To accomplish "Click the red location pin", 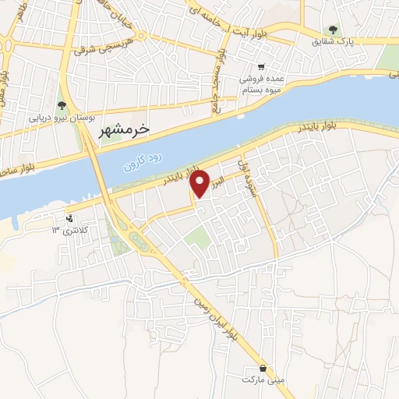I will (x=200, y=184).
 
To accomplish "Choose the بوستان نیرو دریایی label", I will (x=62, y=119).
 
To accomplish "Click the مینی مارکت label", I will (x=264, y=380).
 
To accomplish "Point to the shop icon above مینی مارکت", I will (x=263, y=367).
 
